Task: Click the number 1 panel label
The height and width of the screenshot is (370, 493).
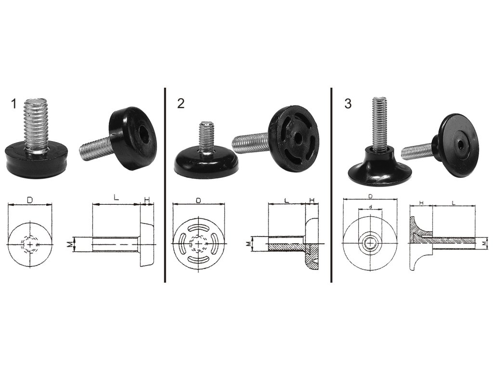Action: pos(13,104)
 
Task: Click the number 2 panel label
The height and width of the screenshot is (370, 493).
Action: pos(181,104)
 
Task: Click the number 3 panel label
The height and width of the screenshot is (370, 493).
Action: pos(348,104)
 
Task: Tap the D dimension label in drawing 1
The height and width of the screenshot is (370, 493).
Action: pos(30,200)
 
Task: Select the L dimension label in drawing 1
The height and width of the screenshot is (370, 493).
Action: pos(117,198)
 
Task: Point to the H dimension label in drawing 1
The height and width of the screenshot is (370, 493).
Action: pos(147,199)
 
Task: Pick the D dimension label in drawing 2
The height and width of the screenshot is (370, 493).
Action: pos(198,200)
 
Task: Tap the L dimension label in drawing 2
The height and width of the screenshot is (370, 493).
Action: pos(286,200)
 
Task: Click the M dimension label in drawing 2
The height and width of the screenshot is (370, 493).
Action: pos(248,244)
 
